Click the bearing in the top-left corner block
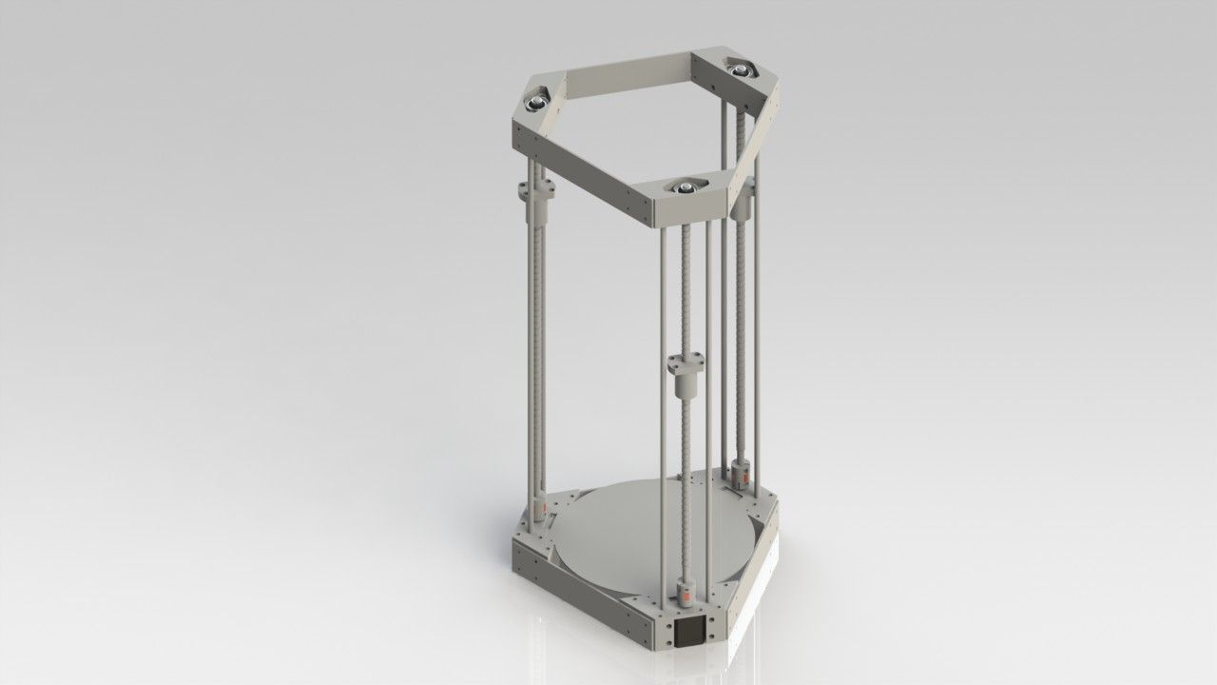tap(536, 99)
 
